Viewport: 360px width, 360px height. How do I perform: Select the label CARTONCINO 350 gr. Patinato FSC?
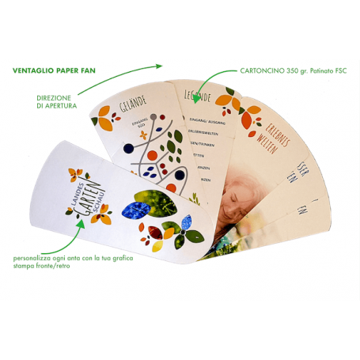tap(294, 70)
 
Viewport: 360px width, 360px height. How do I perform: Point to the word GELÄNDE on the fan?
tap(134, 104)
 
